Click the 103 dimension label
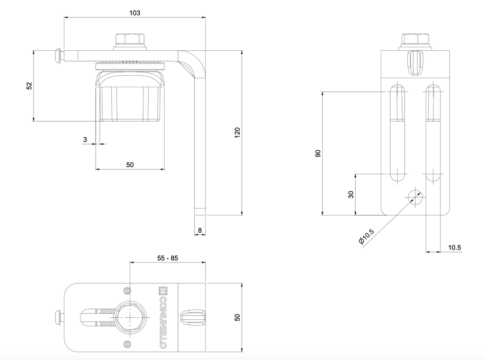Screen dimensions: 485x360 coord(135,13)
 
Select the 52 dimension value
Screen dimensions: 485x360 coord(29,86)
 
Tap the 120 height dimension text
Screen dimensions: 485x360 coord(237,133)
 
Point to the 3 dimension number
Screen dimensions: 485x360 coord(85,139)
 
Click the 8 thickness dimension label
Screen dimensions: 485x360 coord(200,230)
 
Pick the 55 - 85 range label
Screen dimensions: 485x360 coord(168,258)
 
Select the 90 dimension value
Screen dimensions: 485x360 coord(318,153)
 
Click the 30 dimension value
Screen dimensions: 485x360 coord(351,195)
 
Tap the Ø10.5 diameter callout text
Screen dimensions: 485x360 coord(366,236)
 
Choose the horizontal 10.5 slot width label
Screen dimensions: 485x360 coord(454,247)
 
